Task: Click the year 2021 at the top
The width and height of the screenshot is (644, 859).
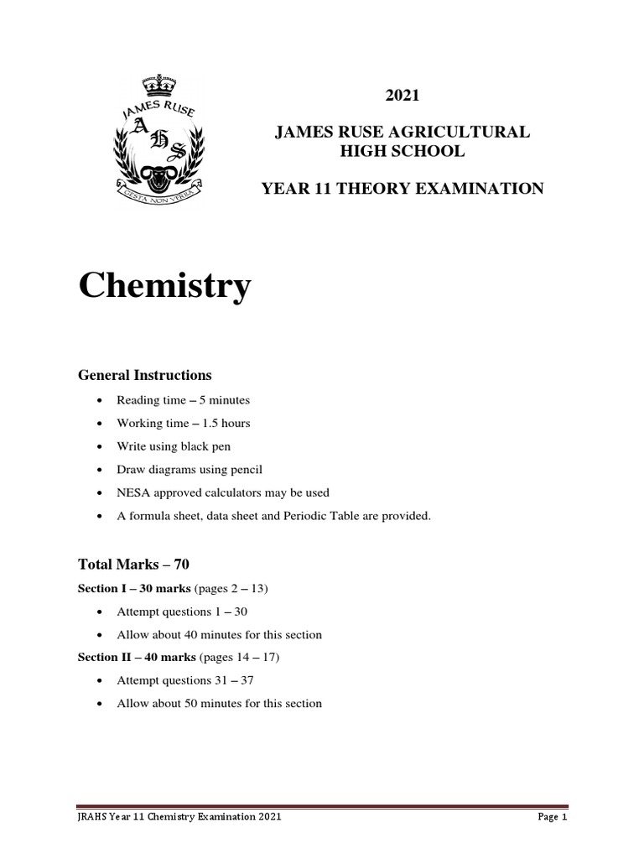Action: pos(402,96)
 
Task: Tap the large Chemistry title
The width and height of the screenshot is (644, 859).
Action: pos(164,287)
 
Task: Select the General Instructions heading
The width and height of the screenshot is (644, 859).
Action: pos(144,375)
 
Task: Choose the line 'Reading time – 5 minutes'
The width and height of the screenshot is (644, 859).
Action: pos(183,400)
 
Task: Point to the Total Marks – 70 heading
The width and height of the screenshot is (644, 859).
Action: pos(133,565)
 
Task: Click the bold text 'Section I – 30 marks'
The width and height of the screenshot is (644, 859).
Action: pos(134,589)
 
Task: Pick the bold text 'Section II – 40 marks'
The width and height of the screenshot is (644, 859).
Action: pos(137,657)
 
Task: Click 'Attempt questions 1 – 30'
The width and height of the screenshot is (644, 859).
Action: pos(182,612)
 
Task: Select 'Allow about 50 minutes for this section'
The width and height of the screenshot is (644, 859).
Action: pos(219,703)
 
